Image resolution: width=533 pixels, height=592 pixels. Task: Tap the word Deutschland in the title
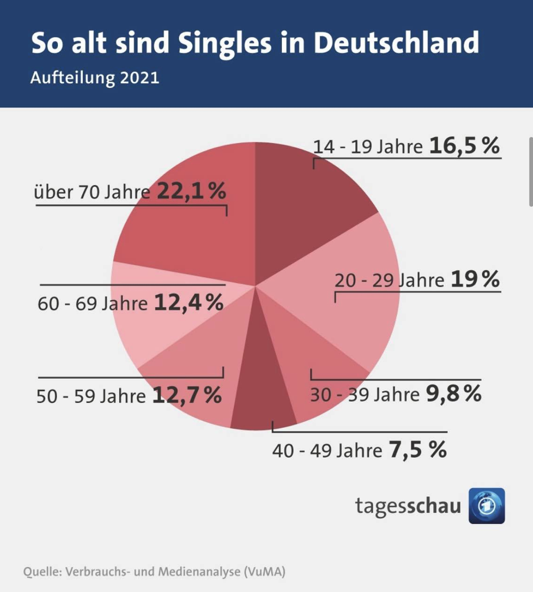pos(395,43)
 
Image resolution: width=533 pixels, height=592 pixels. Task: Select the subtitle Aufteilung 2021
pos(95,78)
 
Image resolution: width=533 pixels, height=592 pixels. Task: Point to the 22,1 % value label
pos(191,192)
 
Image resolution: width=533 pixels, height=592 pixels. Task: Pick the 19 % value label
pos(475,279)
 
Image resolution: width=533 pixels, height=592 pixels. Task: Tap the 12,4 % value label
pos(188,303)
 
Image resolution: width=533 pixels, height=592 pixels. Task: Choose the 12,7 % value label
pos(187,395)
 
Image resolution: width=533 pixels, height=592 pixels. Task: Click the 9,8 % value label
pos(453,393)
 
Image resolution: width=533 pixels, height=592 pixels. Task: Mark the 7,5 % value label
pos(417,451)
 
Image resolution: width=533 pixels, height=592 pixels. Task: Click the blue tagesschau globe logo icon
pos(486,506)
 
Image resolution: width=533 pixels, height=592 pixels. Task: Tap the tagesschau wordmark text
pos(408,506)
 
